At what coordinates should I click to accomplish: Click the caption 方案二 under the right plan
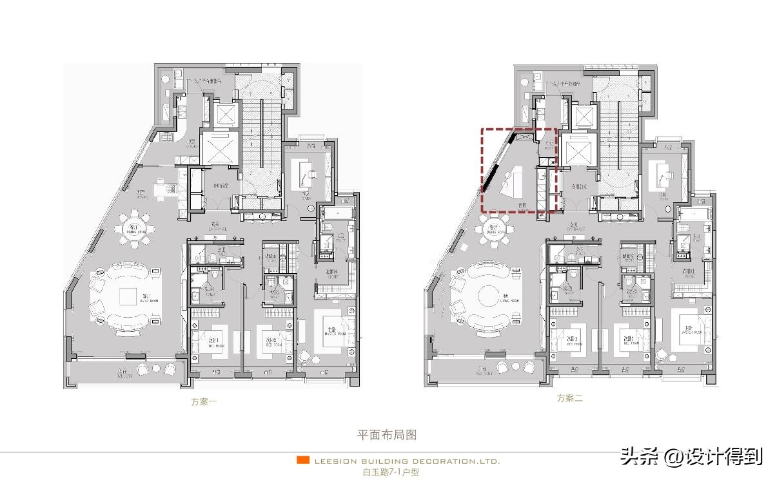click(x=570, y=398)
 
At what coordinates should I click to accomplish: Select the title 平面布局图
click(x=387, y=435)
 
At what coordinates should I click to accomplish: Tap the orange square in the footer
click(x=302, y=460)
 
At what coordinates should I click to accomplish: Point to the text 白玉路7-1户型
click(x=390, y=472)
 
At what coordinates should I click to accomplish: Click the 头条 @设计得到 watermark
click(x=691, y=457)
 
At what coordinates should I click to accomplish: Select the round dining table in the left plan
click(x=134, y=229)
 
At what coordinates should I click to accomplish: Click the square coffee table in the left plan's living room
click(x=136, y=297)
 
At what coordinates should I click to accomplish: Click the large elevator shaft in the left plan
click(x=219, y=147)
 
